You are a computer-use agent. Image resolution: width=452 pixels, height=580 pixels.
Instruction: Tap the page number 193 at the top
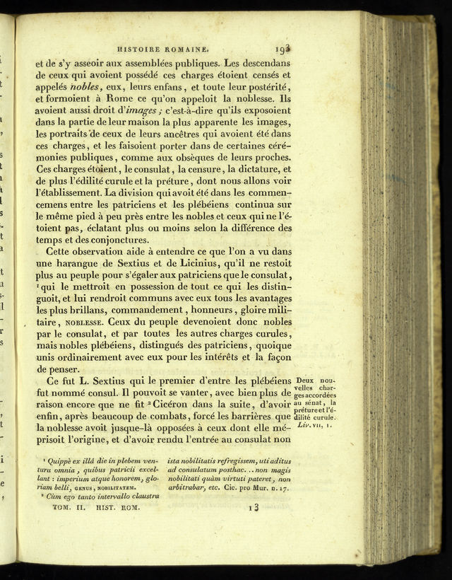tap(284, 49)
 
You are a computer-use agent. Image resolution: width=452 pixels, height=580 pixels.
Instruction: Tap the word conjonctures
tap(111, 239)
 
